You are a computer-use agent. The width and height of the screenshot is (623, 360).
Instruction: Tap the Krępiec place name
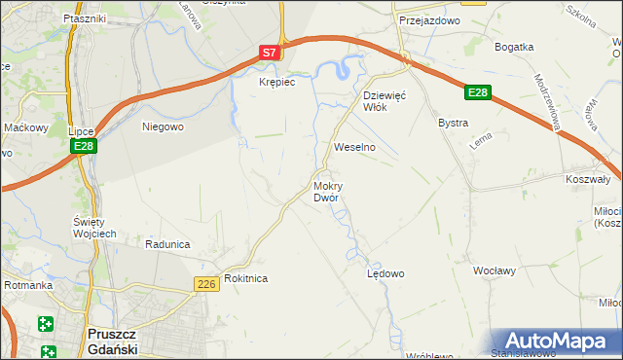275,83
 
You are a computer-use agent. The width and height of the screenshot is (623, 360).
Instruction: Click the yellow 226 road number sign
205,283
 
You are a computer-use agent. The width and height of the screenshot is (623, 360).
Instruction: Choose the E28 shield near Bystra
477,92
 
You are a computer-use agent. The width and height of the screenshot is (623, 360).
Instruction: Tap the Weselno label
354,147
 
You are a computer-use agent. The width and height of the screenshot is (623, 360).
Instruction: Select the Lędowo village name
385,273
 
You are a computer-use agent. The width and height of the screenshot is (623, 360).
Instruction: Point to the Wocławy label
495,270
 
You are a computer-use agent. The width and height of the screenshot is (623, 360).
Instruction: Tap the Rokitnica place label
245,278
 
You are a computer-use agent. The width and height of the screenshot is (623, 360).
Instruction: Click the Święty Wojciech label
95,227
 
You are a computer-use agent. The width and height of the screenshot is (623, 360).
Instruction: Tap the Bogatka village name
514,47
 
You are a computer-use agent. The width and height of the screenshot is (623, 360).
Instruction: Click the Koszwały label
587,179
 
